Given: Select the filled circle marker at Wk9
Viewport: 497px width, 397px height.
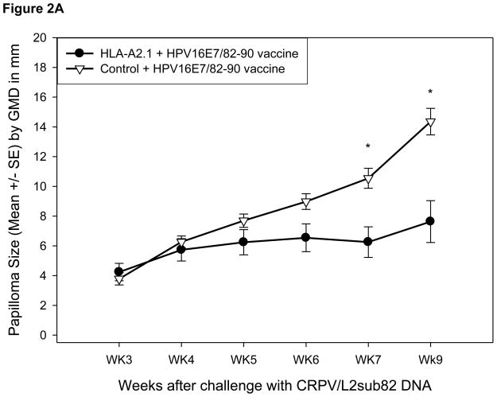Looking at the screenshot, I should click(x=430, y=221).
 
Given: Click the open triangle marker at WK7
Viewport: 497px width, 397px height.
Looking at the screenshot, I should click(x=368, y=179).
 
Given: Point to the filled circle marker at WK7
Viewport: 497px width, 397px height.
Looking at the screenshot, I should click(x=368, y=242).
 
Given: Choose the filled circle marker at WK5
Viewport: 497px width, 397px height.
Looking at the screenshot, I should click(x=243, y=242).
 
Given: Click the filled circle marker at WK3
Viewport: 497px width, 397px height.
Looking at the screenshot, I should click(x=118, y=271).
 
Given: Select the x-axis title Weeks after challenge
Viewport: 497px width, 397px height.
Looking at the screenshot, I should click(x=274, y=385).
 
